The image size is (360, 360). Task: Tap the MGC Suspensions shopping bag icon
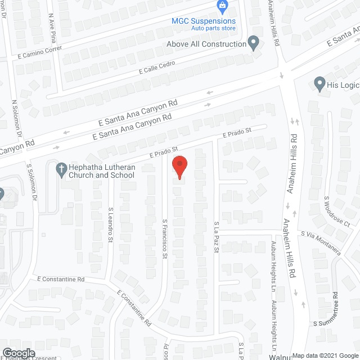point(223,7)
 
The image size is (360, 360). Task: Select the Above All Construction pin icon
point(254,42)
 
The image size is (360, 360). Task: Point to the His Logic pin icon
point(319,85)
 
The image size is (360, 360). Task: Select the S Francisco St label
point(165,238)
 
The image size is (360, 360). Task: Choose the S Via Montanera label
point(320,242)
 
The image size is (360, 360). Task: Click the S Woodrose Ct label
point(336,211)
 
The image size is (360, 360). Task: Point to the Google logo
point(19,353)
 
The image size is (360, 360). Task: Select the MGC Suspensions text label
point(204,21)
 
